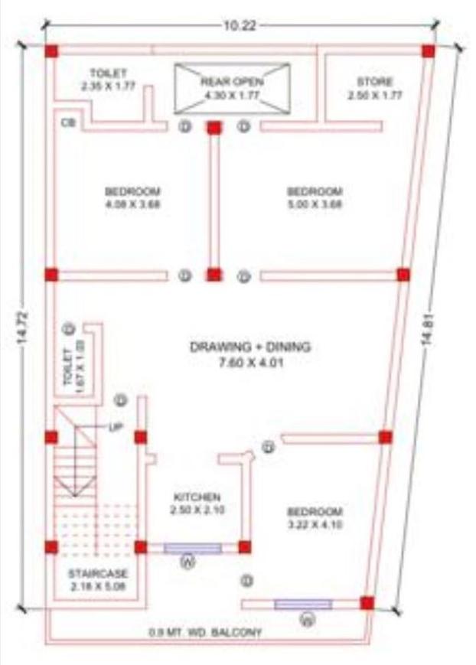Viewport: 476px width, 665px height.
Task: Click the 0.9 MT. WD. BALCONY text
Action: click(207, 632)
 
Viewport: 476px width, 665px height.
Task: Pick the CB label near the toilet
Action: click(69, 122)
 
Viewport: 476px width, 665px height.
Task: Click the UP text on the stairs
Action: click(116, 426)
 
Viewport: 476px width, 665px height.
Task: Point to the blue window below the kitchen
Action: click(193, 547)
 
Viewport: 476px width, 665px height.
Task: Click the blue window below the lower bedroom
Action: click(303, 604)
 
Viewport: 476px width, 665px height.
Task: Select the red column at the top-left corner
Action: click(51, 51)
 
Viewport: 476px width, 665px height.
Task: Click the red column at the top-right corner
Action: click(428, 51)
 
